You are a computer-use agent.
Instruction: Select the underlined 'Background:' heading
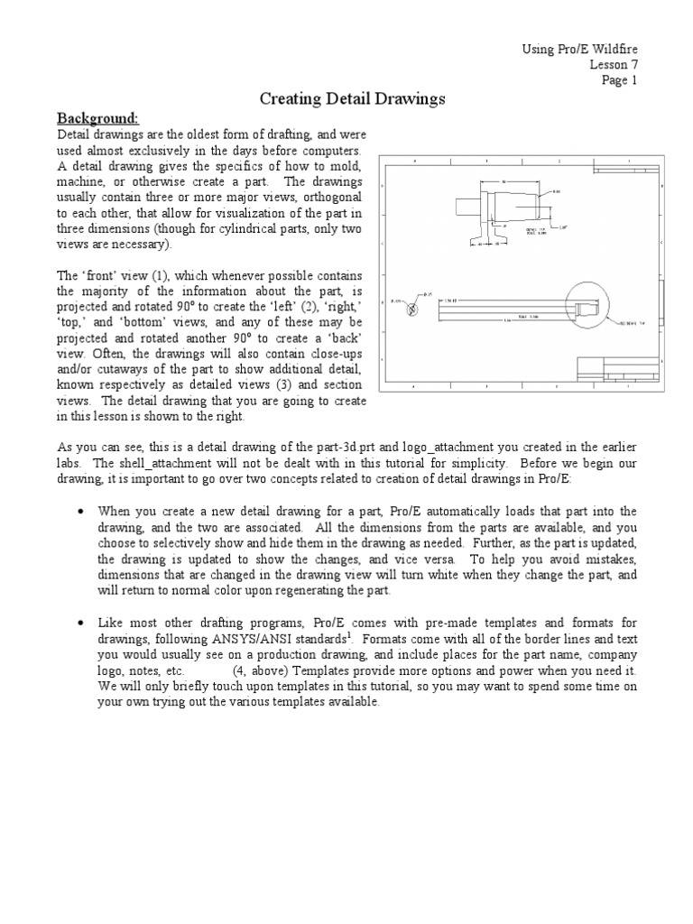(x=97, y=118)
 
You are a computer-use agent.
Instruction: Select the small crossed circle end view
(x=412, y=309)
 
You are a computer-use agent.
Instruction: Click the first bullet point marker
(x=81, y=511)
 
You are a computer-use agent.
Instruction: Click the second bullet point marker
(x=81, y=624)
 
